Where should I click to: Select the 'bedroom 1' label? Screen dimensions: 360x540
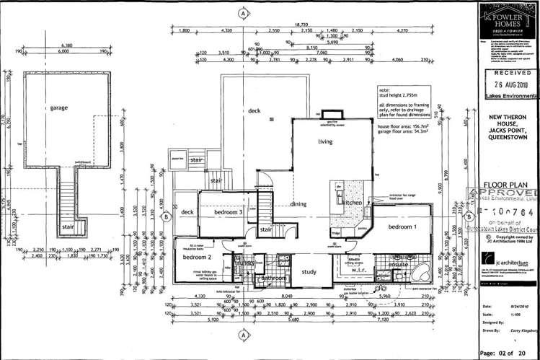(x=402, y=227)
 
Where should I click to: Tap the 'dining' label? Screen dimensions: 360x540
(x=298, y=204)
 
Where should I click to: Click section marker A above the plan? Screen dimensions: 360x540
(x=244, y=13)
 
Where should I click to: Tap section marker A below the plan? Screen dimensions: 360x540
(x=244, y=336)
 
